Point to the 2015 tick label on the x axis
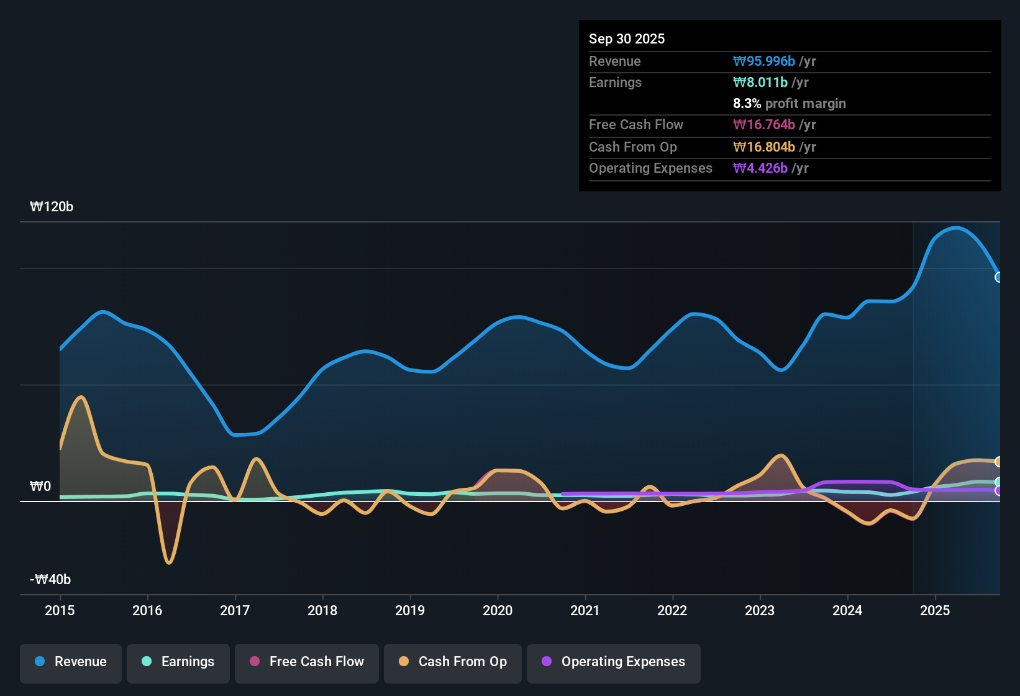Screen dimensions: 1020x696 coord(60,610)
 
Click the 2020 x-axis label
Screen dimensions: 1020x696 coord(498,610)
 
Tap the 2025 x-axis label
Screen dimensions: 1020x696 coord(936,610)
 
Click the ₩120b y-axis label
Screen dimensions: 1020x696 coord(52,207)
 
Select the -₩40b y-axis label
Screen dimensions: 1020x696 coord(50,579)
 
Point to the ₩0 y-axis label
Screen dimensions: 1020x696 coord(40,487)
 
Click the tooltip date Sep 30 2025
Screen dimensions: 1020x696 coord(627,39)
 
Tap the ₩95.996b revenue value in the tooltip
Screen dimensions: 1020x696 coord(764,61)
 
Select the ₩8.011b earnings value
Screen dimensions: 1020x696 coord(760,83)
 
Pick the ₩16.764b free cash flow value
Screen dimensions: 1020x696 coord(764,124)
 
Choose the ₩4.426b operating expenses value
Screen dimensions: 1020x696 coord(760,168)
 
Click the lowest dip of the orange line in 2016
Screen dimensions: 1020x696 coord(170,563)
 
